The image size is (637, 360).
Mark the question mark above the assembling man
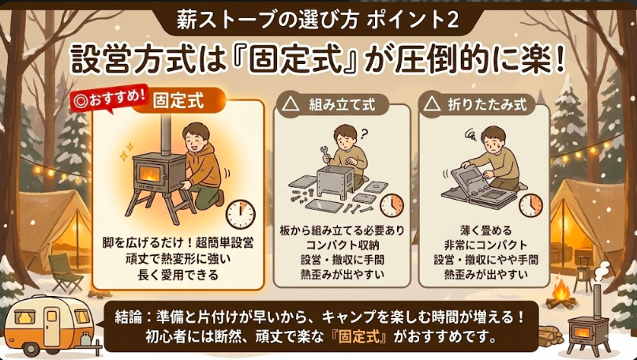click(x=364, y=133)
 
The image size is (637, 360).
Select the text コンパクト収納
click(x=341, y=244)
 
